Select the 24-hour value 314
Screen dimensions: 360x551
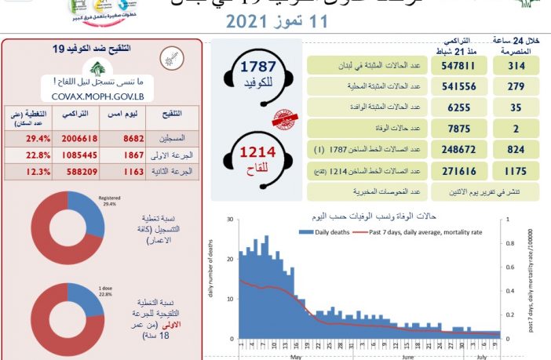pos(514,67)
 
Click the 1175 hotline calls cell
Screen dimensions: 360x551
pos(514,169)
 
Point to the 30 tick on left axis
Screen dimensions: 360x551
pos(229,220)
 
